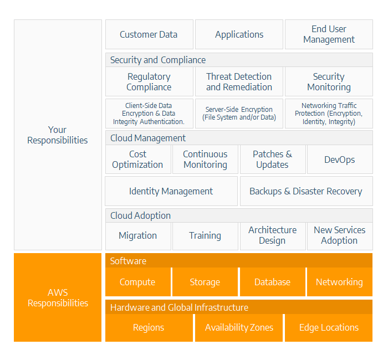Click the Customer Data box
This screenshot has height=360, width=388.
149,34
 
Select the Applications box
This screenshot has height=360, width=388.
239,34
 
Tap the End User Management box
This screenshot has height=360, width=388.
329,34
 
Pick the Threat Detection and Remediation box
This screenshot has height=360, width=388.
239,81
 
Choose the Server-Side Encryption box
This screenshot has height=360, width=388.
239,114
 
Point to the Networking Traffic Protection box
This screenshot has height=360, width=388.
329,114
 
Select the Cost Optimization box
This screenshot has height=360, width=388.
138,160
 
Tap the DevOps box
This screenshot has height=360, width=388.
340,160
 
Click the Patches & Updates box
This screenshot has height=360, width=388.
273,160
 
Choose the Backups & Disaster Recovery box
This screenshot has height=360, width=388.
307,191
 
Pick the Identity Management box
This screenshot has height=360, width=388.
171,191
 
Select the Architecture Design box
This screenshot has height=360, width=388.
273,236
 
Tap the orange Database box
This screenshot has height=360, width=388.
273,282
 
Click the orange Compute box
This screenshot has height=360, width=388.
138,282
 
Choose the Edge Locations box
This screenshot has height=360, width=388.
329,328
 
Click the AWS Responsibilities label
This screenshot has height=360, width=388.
58,297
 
